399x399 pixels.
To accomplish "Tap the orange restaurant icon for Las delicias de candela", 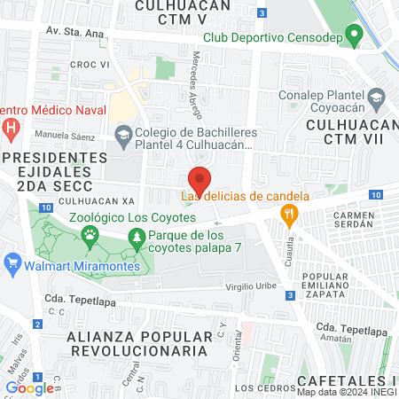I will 288,214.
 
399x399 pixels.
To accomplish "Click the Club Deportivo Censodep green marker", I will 354,37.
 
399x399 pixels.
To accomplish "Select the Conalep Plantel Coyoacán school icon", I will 377,97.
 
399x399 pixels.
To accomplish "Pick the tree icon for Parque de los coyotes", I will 136,237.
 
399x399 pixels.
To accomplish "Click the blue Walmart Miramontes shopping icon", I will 12,263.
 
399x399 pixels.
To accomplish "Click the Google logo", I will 29,387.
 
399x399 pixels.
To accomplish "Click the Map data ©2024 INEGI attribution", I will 347,392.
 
